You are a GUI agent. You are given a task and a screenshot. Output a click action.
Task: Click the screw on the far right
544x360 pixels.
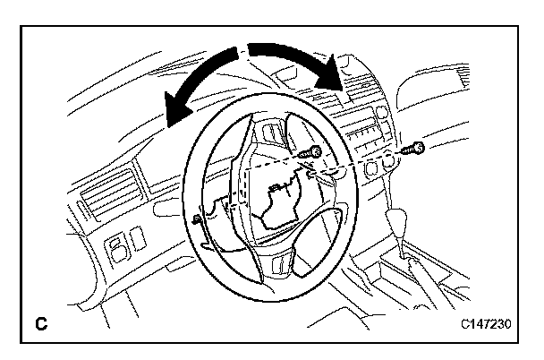414,148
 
